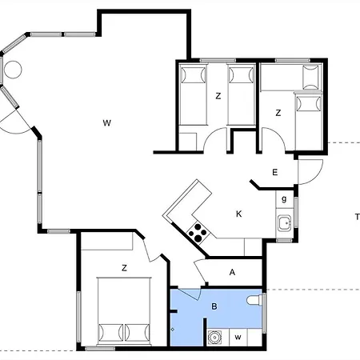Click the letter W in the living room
[107, 123]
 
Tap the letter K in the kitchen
[239, 214]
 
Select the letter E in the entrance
[275, 172]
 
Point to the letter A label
[232, 272]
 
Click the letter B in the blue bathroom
[214, 306]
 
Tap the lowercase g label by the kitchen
[284, 199]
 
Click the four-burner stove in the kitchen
[198, 233]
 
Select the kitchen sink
[285, 222]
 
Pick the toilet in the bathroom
[254, 300]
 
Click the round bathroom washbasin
[214, 338]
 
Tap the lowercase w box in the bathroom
[238, 338]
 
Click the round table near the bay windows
[13, 70]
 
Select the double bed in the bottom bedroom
[124, 310]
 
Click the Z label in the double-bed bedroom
[124, 268]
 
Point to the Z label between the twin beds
[218, 96]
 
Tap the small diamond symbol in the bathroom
[172, 330]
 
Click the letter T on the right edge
[358, 217]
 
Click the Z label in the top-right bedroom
[278, 113]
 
